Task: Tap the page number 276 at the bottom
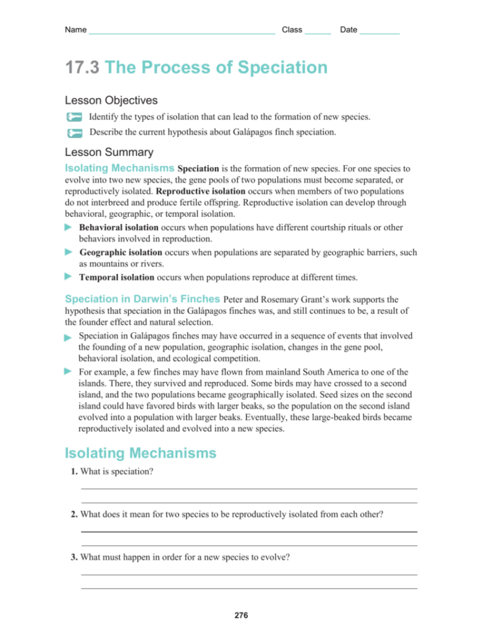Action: pos(241,615)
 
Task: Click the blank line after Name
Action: pos(182,31)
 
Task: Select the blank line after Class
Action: pos(318,31)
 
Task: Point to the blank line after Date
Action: pos(379,31)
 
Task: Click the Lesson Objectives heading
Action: pos(111,101)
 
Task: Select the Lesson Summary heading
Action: pos(109,153)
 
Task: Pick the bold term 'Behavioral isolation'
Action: pos(118,227)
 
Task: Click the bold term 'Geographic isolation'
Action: pos(120,253)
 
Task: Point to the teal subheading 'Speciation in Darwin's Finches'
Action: pos(143,299)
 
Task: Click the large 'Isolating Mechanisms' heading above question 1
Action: pos(141,454)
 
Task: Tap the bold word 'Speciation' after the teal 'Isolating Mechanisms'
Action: pos(198,169)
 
